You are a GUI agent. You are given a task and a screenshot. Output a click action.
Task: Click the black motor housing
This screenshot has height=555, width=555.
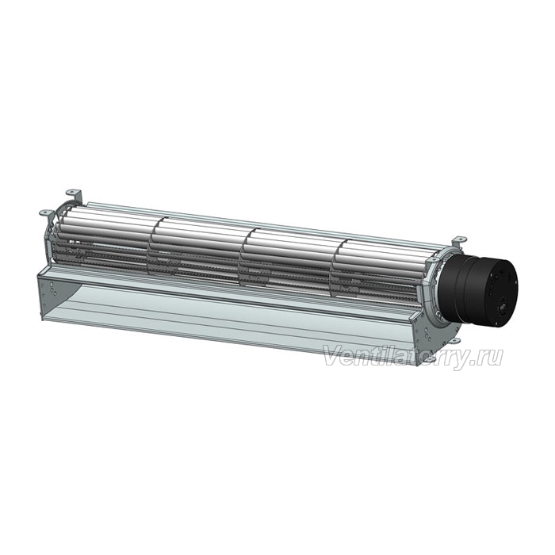point(478,289)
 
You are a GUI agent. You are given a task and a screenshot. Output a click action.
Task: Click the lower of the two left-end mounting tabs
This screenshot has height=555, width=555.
point(46,212)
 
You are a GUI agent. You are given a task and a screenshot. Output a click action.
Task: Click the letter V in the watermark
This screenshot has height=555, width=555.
point(334,356)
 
